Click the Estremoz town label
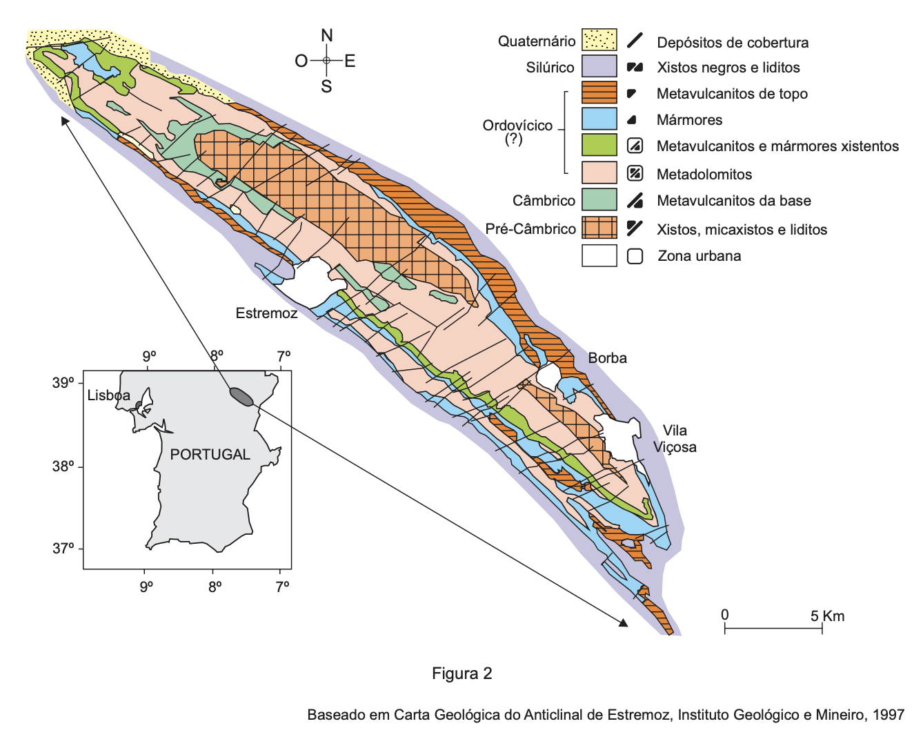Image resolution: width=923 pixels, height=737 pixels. click(266, 313)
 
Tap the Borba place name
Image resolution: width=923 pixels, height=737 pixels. click(607, 358)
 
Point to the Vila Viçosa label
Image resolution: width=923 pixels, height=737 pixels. click(675, 439)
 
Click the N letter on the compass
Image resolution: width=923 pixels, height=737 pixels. click(327, 36)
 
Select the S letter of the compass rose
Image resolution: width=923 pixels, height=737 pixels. click(326, 87)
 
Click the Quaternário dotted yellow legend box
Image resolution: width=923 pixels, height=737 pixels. click(599, 40)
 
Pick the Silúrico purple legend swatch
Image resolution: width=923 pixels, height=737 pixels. click(599, 66)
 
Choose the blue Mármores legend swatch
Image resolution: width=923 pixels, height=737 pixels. click(599, 119)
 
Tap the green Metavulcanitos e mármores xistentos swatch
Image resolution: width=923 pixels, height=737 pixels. click(599, 145)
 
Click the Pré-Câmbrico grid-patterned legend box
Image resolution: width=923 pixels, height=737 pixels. click(599, 228)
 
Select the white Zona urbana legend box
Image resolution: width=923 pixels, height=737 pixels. click(599, 255)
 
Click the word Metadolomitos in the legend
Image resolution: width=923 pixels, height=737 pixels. click(704, 175)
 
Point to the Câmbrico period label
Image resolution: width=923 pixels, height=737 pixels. click(544, 201)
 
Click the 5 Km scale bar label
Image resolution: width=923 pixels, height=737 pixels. click(827, 616)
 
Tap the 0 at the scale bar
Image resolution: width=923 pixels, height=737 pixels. click(724, 615)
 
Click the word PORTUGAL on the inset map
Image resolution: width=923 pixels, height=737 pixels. click(210, 454)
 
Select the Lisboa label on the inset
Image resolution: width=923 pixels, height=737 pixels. click(108, 395)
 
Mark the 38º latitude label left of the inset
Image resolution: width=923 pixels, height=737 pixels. click(63, 466)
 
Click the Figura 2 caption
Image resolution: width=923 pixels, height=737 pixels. click(461, 674)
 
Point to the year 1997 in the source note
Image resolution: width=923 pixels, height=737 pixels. click(888, 715)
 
